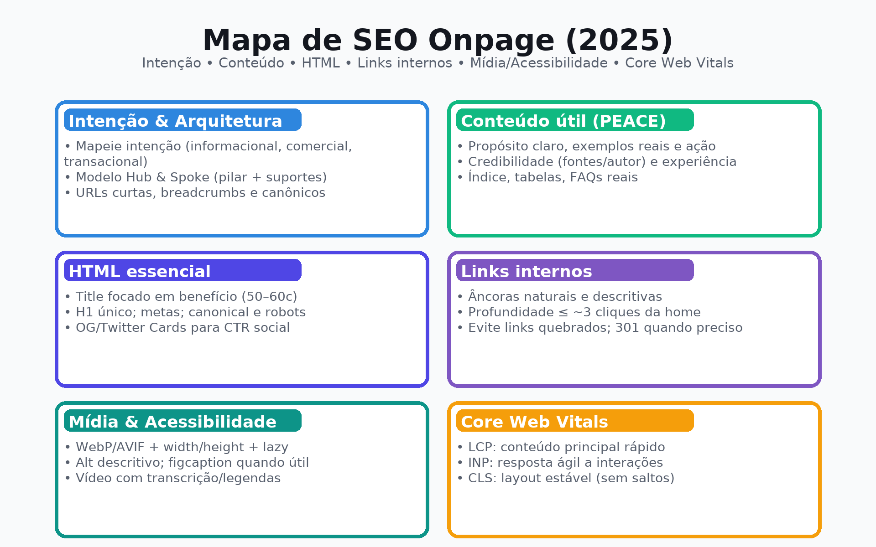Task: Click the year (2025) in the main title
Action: click(619, 40)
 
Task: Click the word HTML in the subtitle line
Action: click(320, 63)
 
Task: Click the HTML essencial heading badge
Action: click(182, 271)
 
